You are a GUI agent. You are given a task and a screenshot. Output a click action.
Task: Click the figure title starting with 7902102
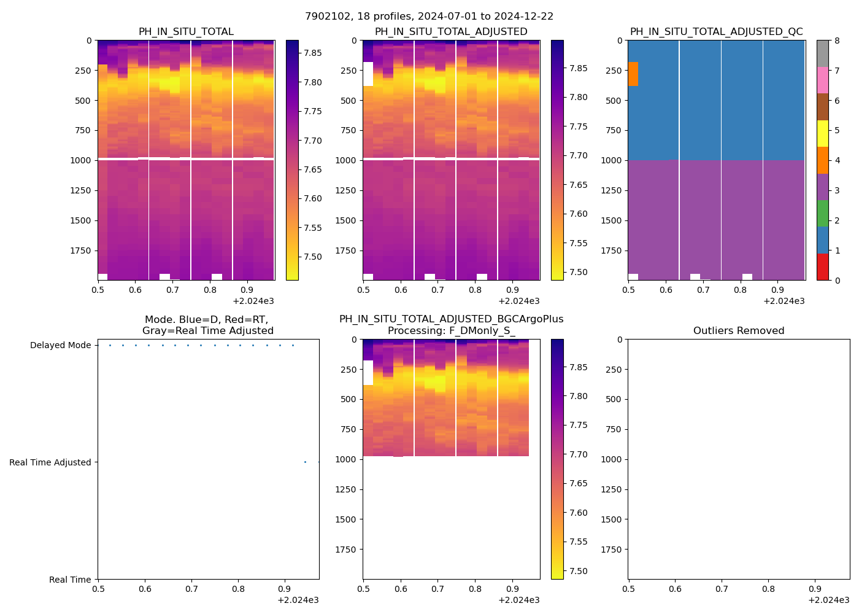pos(429,17)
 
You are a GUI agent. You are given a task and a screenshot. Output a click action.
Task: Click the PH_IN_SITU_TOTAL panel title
pos(186,32)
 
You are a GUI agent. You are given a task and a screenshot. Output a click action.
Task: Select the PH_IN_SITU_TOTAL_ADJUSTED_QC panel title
pos(716,32)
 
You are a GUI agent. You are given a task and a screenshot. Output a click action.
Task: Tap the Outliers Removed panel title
pos(739,331)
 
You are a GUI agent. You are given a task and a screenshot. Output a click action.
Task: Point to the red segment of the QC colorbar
pos(823,267)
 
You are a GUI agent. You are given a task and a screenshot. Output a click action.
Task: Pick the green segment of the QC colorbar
pos(823,213)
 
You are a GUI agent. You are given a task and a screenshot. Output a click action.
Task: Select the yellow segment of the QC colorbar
pos(823,133)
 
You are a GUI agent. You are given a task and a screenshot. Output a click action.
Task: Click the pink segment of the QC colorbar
pos(823,80)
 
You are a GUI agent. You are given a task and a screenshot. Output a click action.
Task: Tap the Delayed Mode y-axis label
pos(60,346)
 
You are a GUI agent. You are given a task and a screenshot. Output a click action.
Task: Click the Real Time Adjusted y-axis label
pos(50,463)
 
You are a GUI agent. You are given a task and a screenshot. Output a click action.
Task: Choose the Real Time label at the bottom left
pos(70,580)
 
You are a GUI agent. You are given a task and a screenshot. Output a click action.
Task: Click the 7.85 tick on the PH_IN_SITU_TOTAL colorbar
pos(314,53)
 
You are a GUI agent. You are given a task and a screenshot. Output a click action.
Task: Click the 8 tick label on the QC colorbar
pos(837,41)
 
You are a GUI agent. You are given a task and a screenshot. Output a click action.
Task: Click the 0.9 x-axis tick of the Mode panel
pos(284,589)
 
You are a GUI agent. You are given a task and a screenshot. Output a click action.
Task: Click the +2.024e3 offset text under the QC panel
pos(784,301)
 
